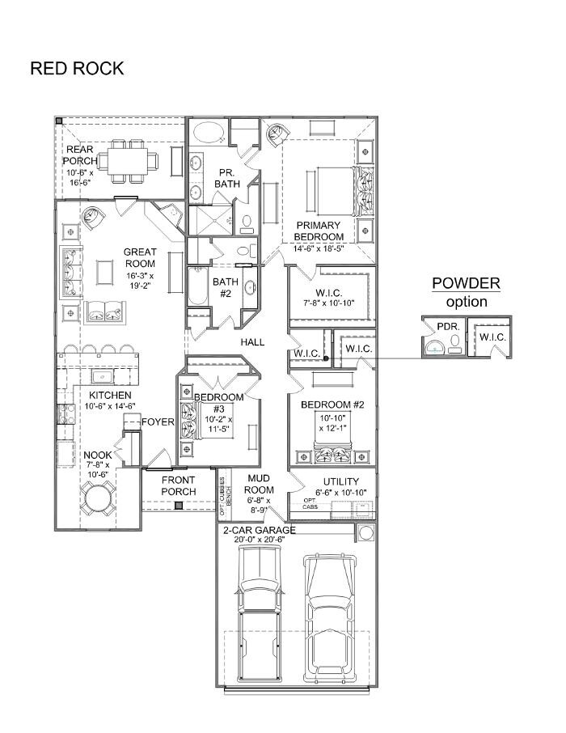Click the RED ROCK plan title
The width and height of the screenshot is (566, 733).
(77, 68)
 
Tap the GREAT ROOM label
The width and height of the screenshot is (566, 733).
(140, 257)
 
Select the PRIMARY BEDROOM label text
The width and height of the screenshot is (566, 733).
(319, 231)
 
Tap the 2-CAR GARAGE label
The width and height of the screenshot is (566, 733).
(260, 531)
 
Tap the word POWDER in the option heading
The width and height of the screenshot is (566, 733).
(466, 283)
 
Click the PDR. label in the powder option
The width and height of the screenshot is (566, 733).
(448, 327)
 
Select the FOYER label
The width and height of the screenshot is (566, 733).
(158, 422)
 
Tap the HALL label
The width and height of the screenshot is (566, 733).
(252, 342)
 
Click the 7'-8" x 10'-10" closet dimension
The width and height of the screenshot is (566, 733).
(328, 303)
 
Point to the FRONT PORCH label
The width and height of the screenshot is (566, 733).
(179, 485)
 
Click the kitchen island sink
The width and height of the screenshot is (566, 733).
(104, 376)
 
